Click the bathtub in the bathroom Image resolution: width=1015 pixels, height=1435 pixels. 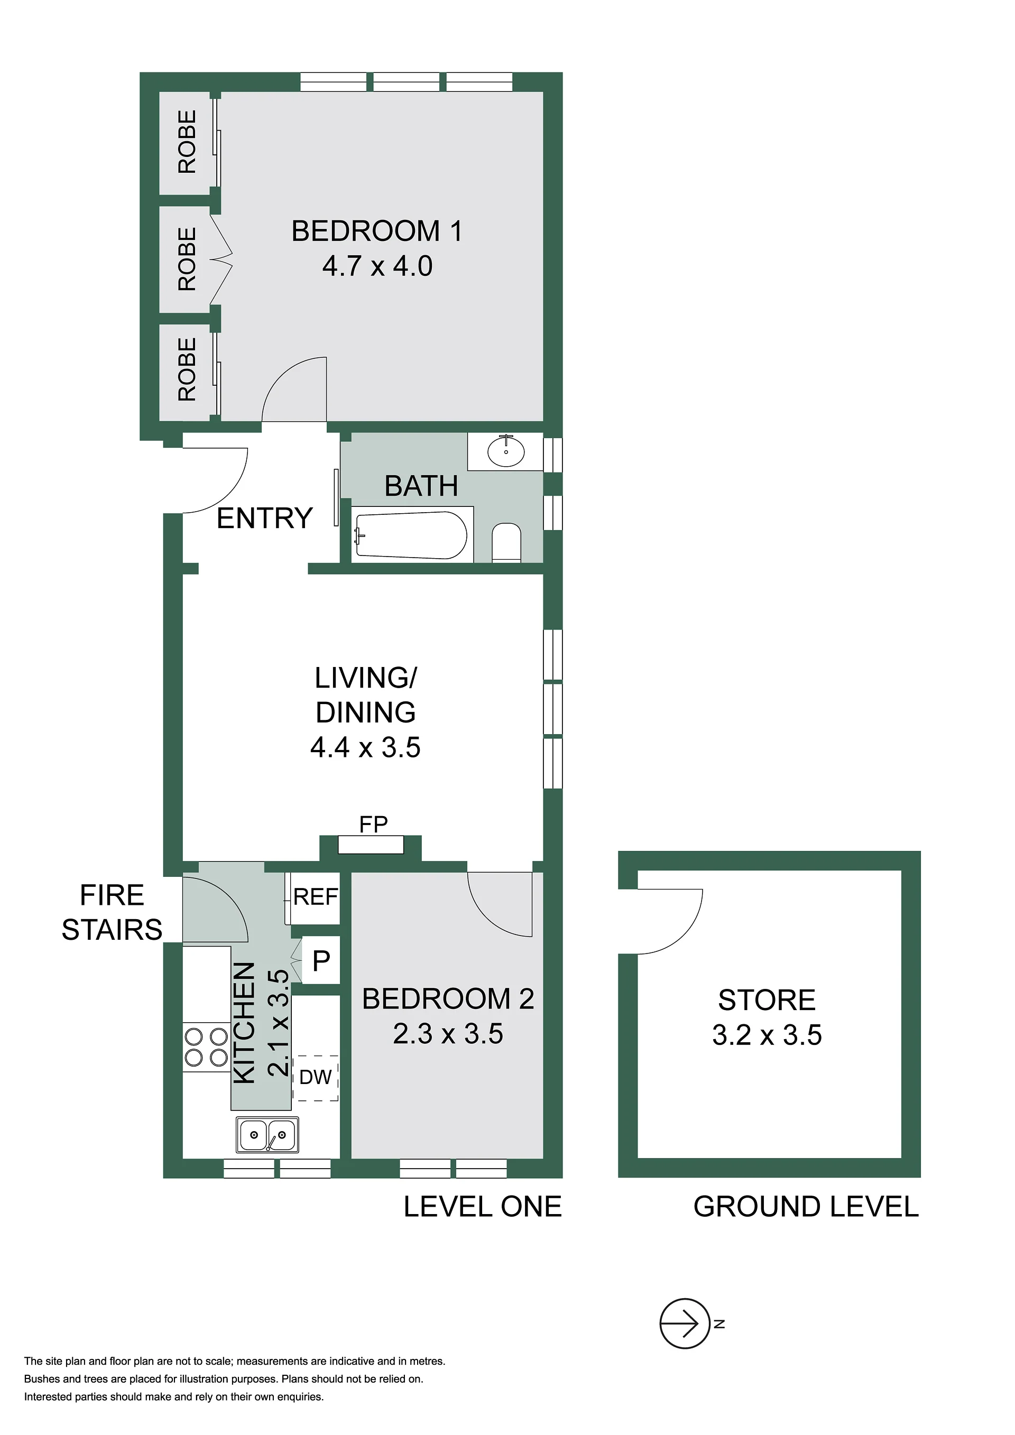[411, 535]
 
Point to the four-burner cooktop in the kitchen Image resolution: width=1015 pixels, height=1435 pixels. [206, 1047]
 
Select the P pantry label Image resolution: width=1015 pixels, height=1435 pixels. [321, 960]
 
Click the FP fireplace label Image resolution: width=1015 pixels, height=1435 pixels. [373, 825]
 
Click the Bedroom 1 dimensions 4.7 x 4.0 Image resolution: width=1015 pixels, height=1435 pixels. [377, 266]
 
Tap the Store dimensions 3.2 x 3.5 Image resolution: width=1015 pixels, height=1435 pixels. [767, 1035]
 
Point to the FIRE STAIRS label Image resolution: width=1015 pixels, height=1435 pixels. [112, 912]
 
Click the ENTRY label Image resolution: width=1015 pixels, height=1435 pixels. [264, 518]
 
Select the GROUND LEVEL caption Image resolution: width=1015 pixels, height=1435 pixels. [806, 1207]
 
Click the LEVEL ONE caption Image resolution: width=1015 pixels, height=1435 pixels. [483, 1207]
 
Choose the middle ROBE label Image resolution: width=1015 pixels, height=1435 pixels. [187, 259]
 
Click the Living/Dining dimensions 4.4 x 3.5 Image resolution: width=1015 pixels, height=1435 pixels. [366, 747]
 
